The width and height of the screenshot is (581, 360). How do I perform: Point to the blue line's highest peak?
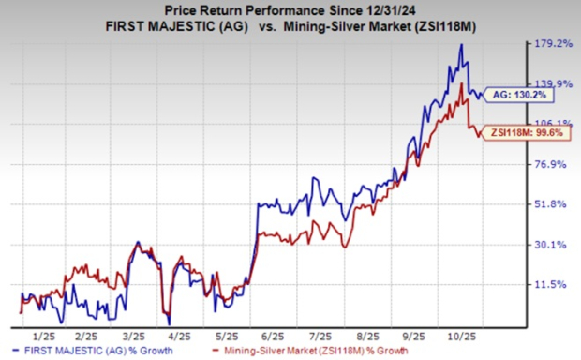[461, 44]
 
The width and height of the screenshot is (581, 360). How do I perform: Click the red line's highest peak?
[463, 83]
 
